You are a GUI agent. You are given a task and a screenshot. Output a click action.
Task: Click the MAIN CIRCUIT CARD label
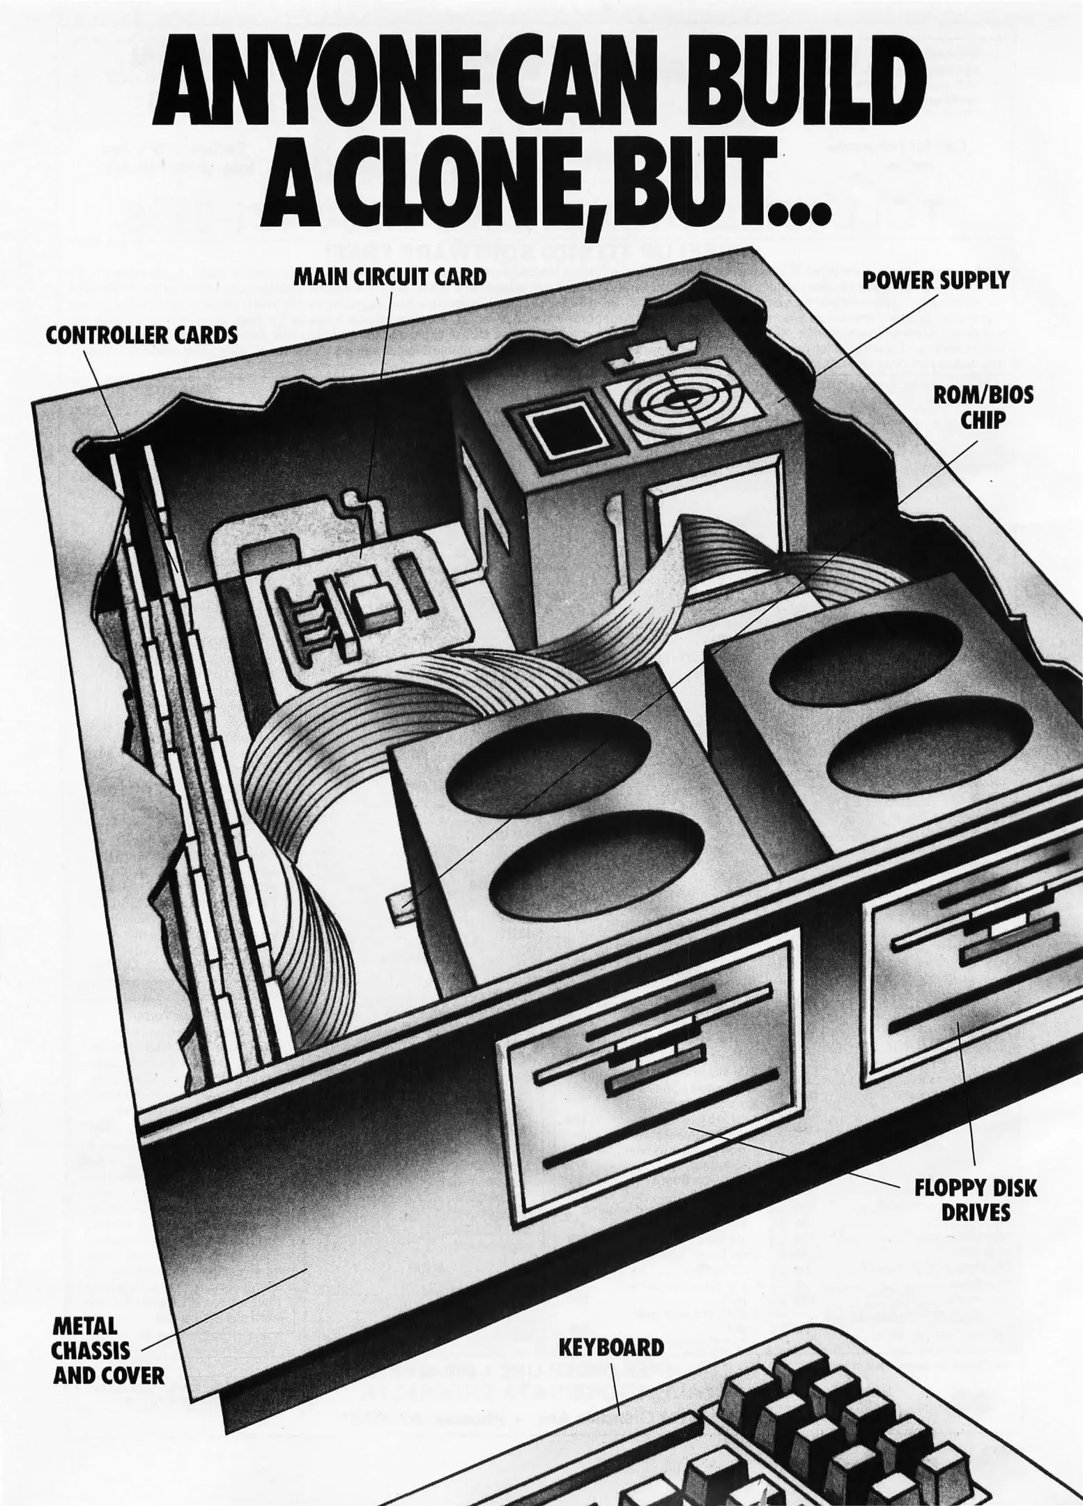[x=390, y=277]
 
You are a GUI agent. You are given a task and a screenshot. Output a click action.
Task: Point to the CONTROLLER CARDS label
[x=141, y=335]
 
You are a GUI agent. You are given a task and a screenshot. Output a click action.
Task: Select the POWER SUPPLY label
[x=935, y=280]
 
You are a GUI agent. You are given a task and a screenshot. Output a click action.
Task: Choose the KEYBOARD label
[x=611, y=1347]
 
